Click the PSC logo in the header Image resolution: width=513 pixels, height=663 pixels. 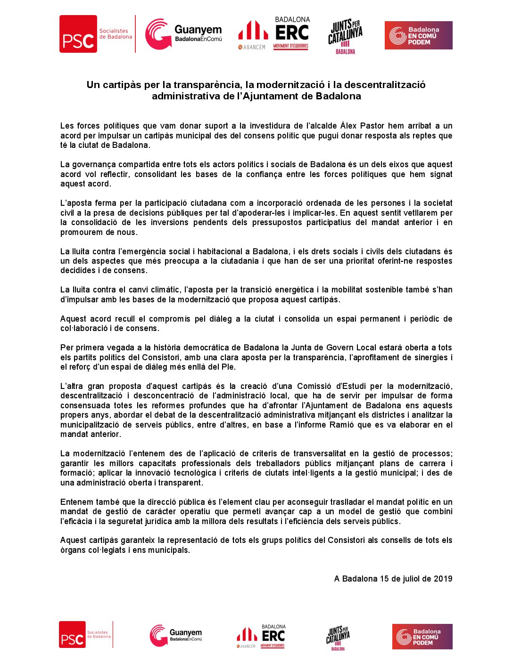[78, 34]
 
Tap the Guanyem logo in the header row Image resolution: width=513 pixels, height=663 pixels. [183, 34]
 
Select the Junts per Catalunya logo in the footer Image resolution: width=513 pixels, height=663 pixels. [338, 638]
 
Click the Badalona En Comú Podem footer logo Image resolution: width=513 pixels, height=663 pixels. [422, 637]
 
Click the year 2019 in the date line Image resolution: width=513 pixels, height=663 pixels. [443, 579]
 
